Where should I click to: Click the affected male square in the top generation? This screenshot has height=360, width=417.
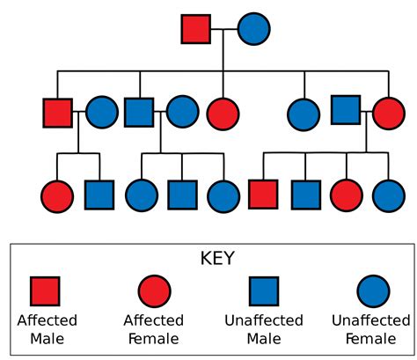click(196, 28)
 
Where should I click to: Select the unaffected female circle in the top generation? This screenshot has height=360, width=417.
click(253, 28)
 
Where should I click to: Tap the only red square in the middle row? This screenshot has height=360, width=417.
click(58, 113)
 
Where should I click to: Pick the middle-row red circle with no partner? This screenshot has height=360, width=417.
click(223, 113)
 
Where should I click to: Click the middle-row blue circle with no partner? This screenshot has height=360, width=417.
click(304, 113)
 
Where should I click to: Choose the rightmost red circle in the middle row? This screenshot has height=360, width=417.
click(388, 113)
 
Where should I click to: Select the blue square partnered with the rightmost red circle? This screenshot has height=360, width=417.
click(347, 111)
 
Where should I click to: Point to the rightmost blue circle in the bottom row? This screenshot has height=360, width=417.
click(388, 195)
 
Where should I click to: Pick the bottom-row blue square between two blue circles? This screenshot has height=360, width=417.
click(181, 195)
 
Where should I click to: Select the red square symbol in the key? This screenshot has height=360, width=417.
click(45, 291)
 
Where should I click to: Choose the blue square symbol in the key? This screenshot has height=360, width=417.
click(263, 291)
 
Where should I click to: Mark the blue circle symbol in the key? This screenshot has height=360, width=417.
click(373, 291)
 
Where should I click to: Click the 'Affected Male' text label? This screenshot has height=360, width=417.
click(47, 328)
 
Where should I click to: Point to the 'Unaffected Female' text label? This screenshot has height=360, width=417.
click(371, 328)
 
